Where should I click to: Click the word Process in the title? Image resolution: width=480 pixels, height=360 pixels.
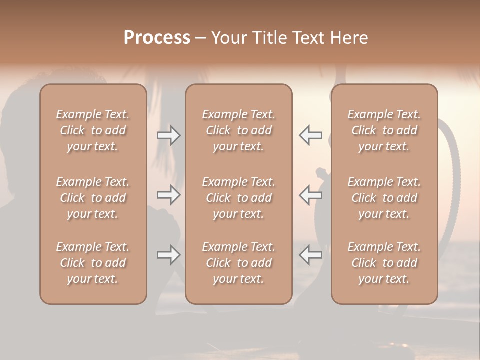coord(157,38)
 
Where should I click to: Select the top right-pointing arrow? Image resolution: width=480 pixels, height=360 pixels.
coord(168,135)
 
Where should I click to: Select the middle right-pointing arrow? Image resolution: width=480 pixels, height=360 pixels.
coord(168,195)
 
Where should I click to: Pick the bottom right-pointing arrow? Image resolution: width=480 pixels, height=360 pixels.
coord(168,255)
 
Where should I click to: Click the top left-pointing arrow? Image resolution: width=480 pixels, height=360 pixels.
coord(310,135)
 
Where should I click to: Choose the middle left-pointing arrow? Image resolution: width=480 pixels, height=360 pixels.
coord(310,195)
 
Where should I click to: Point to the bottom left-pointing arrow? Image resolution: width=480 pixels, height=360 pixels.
coord(310,255)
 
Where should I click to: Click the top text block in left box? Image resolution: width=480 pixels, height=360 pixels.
coord(93,130)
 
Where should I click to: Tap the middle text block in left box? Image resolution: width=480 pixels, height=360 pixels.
coord(93,198)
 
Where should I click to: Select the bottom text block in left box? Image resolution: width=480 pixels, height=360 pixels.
coord(93,263)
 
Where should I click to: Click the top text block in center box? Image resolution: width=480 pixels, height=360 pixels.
coord(238,130)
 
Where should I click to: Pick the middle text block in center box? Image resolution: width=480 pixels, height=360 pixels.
coord(238,198)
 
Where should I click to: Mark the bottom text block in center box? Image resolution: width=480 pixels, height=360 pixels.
coord(238,263)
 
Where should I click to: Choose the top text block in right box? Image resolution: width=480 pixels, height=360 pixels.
coord(384,130)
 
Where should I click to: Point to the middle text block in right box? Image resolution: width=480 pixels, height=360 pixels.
coord(384,198)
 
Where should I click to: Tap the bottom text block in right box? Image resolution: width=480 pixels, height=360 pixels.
coord(384,263)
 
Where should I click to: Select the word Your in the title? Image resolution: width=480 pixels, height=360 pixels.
coord(228,38)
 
